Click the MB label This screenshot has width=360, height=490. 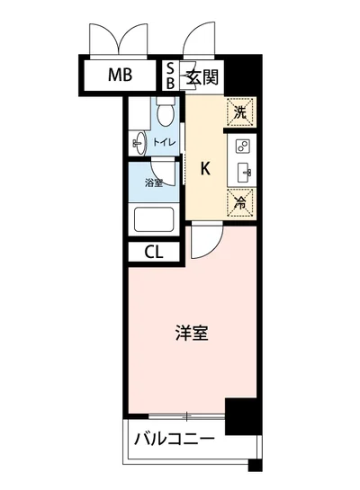[x=121, y=75]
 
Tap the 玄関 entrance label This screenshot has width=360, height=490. [x=201, y=76]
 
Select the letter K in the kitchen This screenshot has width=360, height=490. [x=204, y=167]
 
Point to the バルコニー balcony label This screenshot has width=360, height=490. [x=175, y=441]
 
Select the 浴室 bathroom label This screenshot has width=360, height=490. [x=154, y=183]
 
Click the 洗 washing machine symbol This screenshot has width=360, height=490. [x=239, y=112]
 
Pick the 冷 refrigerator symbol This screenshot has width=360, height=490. [x=239, y=202]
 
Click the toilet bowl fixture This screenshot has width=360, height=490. [x=164, y=113]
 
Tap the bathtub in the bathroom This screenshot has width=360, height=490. [x=154, y=218]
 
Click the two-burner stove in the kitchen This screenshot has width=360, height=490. [x=242, y=147]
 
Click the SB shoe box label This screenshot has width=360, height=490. [x=171, y=75]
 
